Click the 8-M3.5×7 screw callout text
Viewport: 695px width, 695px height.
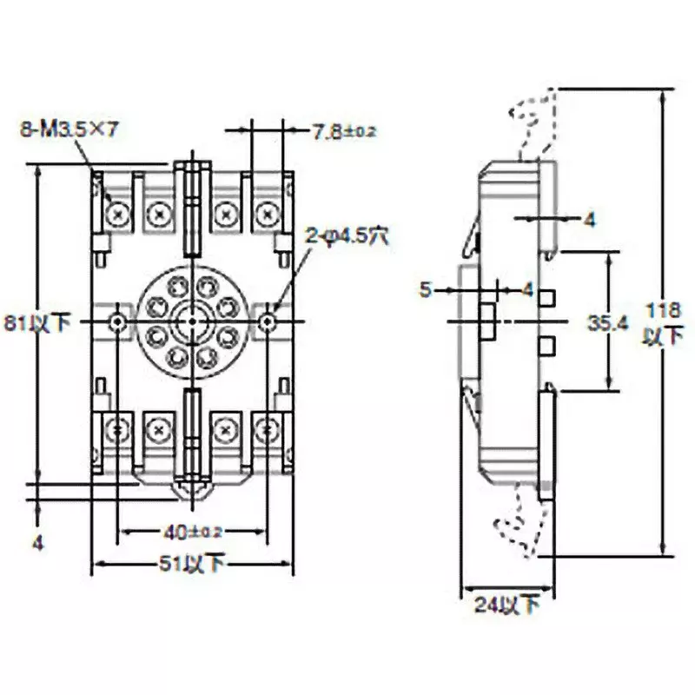click(x=69, y=130)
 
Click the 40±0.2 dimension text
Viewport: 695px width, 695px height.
click(x=193, y=531)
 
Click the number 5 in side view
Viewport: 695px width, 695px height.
click(x=425, y=289)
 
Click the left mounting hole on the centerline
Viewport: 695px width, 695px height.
click(x=117, y=322)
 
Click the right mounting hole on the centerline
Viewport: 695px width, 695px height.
click(x=269, y=322)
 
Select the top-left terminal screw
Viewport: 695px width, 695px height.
click(x=117, y=211)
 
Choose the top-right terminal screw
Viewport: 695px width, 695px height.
click(x=267, y=211)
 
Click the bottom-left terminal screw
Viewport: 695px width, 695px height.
click(x=117, y=427)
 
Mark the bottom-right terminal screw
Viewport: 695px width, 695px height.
click(x=267, y=427)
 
